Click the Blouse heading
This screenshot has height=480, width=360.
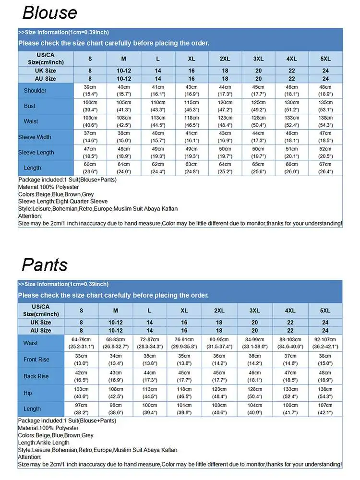pos(49,12)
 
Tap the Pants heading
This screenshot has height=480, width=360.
pos(45,264)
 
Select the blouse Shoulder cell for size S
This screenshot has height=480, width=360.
pos(90,91)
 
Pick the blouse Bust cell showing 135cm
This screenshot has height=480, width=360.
pos(325,106)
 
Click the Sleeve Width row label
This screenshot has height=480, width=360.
pos(35,137)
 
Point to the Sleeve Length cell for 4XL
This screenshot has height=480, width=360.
pos(291,153)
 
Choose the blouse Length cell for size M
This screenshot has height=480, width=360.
pos(123,168)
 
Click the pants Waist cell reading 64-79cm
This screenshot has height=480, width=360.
pos(81,343)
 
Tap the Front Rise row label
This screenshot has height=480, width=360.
pos(36,360)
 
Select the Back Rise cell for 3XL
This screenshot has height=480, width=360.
pos(254,376)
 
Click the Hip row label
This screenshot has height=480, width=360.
pos(28,393)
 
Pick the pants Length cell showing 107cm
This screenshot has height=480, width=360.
pos(325,409)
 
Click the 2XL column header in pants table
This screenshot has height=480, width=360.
pos(219,311)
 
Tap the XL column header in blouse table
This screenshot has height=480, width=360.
pos(192,59)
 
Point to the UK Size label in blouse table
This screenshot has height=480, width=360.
pos(46,71)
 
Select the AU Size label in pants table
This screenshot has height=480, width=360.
pos(41,331)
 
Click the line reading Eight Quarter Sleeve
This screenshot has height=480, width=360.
pos(63,202)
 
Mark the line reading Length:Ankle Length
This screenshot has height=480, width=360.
pos(44,443)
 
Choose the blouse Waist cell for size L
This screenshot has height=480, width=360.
pos(158,121)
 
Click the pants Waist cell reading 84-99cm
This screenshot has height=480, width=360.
pos(254,343)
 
